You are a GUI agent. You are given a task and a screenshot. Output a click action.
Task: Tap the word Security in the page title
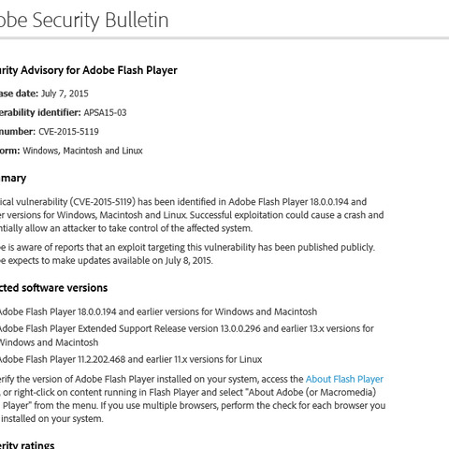[x=65, y=20]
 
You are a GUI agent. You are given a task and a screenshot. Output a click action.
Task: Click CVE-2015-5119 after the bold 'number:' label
[x=68, y=132]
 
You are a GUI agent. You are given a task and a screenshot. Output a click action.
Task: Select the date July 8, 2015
[x=185, y=260]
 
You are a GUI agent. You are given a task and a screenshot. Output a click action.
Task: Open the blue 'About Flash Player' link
[x=344, y=379]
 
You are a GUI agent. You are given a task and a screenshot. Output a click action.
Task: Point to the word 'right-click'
[x=36, y=392]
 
